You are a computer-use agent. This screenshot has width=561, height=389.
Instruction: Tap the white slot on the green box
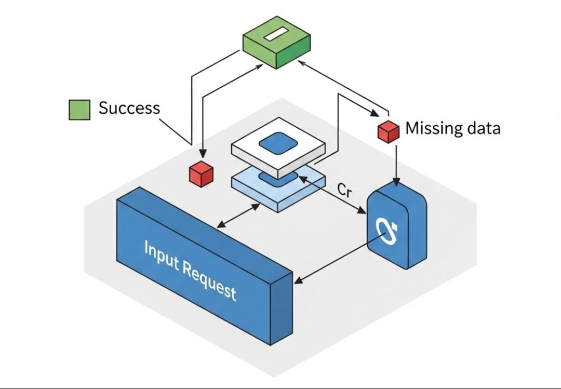274,35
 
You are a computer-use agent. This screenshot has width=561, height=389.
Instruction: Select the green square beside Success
79,110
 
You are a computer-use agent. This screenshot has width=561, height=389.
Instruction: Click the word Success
129,108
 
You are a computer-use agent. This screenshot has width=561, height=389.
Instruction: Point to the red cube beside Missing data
388,131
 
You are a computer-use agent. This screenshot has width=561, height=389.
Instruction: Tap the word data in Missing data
482,128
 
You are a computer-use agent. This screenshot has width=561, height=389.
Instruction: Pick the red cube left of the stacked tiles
201,173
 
